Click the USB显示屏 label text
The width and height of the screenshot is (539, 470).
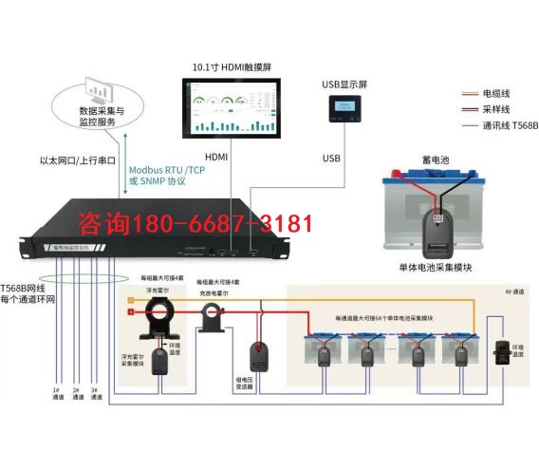[344, 85]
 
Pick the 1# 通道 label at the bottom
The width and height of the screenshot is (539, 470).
[56, 393]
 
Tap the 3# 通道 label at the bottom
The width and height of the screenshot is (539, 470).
[94, 393]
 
